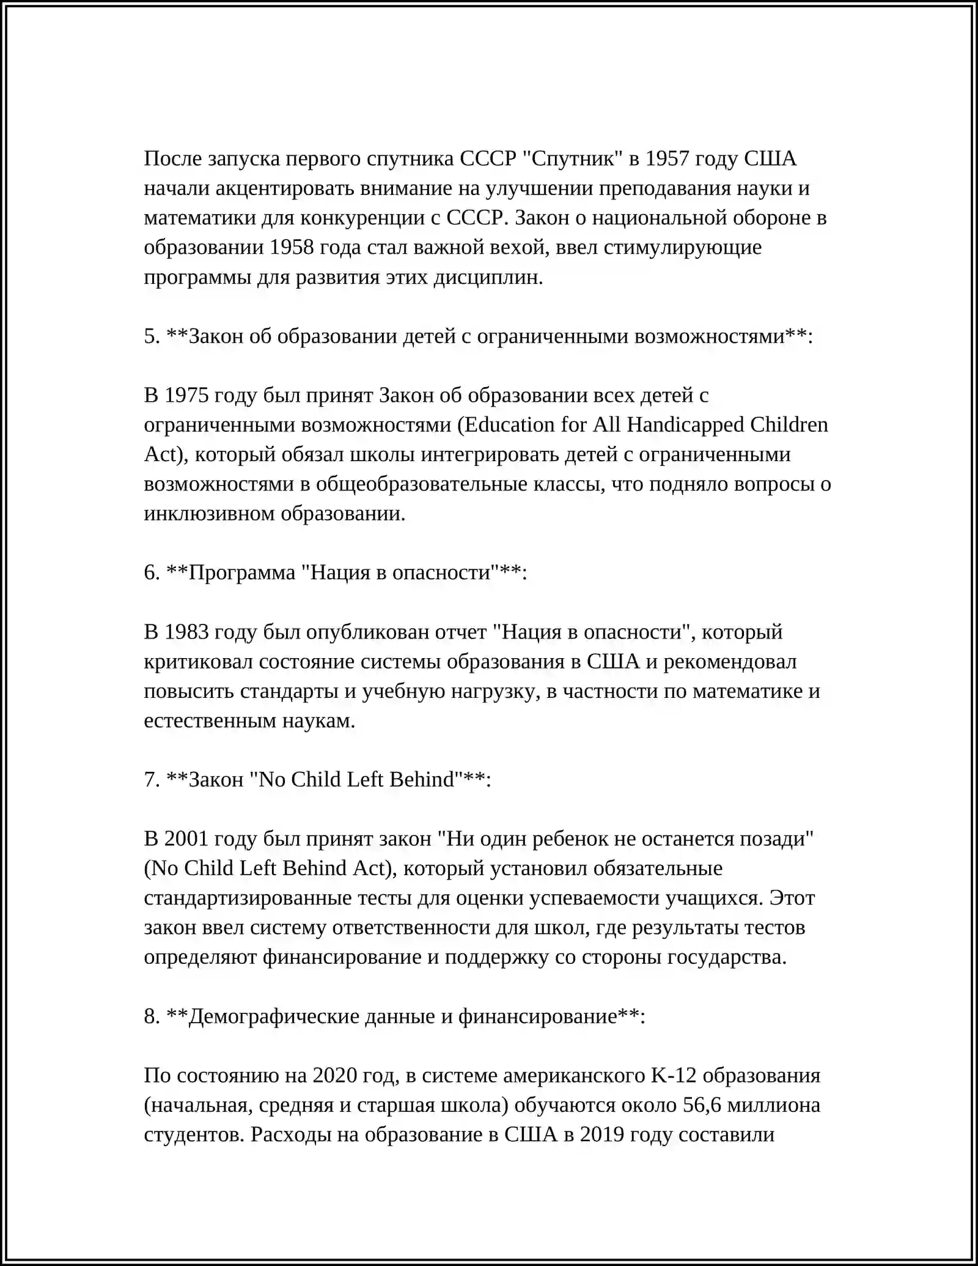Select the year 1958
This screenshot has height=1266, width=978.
pos(292,248)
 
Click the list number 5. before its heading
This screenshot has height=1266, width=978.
pos(152,336)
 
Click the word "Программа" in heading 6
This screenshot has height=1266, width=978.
pos(242,573)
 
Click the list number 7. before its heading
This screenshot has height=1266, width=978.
pos(152,780)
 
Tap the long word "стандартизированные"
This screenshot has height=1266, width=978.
pos(246,898)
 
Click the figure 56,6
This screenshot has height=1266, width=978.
pos(702,1105)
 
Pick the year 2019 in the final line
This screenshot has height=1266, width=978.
pos(602,1135)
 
